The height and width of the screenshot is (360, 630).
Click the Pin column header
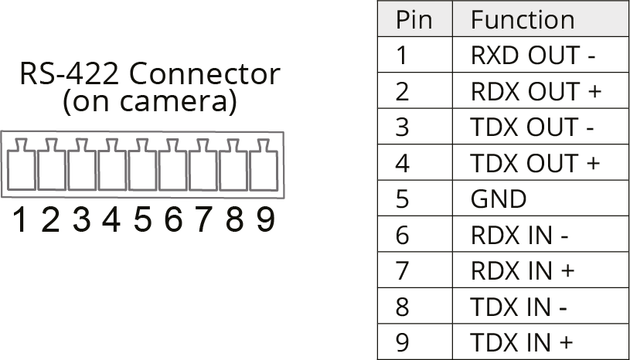coord(414,19)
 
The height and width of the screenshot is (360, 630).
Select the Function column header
coord(523,19)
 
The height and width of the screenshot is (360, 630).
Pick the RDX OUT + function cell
coord(536,91)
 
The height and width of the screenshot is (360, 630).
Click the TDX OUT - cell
coord(533,127)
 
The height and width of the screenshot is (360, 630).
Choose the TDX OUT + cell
coord(535,163)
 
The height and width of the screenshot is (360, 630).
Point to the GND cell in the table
coord(499,199)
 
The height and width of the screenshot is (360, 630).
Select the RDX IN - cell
coord(519,235)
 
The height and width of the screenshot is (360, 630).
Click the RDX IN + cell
coord(522,271)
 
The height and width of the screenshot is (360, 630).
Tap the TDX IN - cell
coord(519,307)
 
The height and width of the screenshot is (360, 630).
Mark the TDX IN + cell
coord(522,342)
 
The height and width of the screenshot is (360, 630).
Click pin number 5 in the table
coord(402,199)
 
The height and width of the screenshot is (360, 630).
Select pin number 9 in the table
coord(402,342)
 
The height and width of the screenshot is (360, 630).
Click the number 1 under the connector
coord(20,221)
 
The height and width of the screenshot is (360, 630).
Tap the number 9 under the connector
coord(265,221)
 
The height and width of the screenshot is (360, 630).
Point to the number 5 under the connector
coord(142,221)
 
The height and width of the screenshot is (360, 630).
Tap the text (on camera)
coord(149,101)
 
